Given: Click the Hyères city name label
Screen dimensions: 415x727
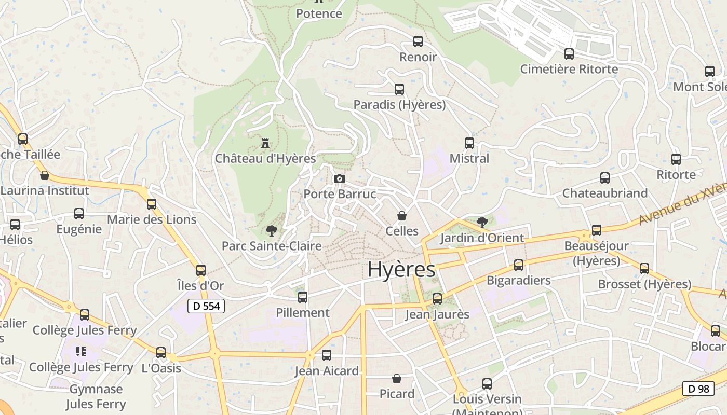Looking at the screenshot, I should tap(401, 270).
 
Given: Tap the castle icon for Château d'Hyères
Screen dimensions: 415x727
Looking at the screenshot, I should tap(265, 143).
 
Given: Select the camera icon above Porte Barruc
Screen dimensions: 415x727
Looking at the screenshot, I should tap(340, 179).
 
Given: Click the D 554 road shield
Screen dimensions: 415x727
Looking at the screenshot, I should tap(206, 306).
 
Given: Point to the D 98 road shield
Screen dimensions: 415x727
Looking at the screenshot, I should tap(698, 388).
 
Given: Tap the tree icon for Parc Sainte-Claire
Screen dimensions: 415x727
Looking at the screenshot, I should tap(271, 231).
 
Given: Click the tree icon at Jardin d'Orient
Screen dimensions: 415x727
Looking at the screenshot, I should tap(482, 223).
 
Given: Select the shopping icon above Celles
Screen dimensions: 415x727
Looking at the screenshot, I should tap(401, 216).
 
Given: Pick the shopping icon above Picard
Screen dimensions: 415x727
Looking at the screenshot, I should tap(397, 379).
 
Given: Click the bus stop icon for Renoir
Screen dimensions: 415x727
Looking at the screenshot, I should tap(418, 41).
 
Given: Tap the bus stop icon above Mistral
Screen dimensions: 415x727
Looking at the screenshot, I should tap(469, 143).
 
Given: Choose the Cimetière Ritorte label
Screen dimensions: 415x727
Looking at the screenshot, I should tap(569, 69).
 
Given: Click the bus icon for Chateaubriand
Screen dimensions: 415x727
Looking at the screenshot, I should tap(605, 178).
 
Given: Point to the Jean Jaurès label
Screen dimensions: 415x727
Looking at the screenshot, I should tap(437, 314).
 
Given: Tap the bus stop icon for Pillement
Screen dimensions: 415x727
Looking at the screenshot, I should tap(303, 297).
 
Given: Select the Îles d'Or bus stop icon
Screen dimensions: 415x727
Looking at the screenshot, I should tap(201, 270).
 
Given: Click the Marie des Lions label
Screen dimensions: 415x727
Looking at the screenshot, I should tap(152, 219).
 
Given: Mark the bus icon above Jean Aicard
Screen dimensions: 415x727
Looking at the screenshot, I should tap(327, 355).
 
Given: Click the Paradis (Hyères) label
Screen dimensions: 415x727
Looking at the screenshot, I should tap(399, 105).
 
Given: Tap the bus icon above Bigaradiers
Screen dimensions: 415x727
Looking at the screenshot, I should tap(518, 265).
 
